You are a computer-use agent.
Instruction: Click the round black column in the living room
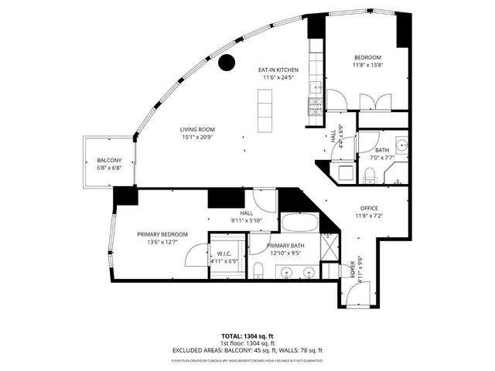[227, 63]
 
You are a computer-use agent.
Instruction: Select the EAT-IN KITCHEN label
[279, 70]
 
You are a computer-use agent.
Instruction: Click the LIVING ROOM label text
[197, 129]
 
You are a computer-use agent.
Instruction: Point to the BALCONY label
[109, 160]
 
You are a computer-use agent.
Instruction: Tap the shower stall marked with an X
[329, 250]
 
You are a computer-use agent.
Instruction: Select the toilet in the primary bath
[259, 270]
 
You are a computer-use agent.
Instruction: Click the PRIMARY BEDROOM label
[162, 234]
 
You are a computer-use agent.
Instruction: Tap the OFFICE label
[368, 208]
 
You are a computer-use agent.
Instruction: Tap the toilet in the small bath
[370, 172]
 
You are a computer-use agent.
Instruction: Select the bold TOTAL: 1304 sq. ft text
[247, 336]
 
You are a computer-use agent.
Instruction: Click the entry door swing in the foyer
[360, 292]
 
